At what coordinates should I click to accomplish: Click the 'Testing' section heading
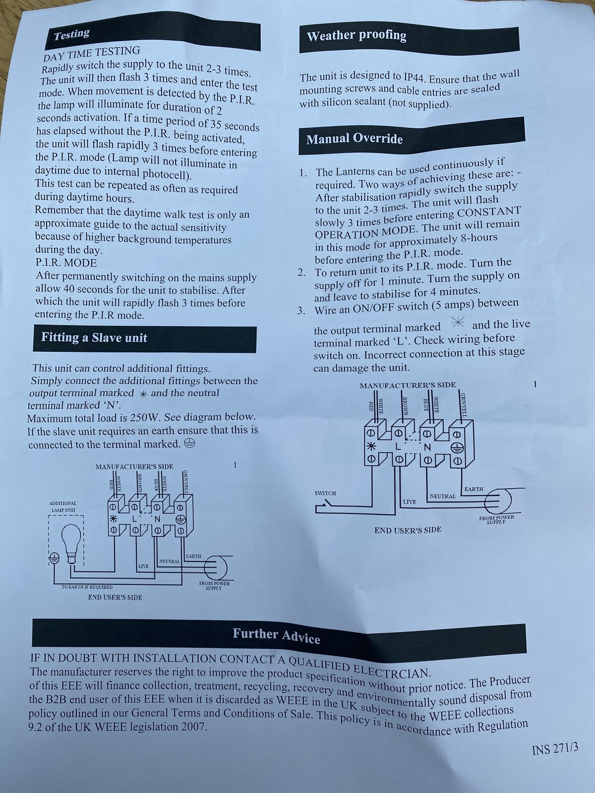tap(71, 35)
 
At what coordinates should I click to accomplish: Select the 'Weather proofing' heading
tap(357, 36)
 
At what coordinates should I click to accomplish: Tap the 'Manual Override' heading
tap(355, 139)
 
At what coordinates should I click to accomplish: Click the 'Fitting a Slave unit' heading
tap(94, 338)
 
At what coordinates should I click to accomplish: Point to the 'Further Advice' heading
tap(276, 636)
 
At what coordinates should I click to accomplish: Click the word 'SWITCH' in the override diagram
tap(325, 493)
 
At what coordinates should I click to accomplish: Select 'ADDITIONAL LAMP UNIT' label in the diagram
tap(63, 507)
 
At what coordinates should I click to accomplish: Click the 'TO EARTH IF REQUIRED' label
tap(87, 587)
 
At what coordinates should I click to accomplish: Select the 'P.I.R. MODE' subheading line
tap(66, 263)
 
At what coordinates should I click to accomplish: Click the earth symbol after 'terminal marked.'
tap(190, 443)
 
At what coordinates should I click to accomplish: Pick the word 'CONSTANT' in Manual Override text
tap(489, 212)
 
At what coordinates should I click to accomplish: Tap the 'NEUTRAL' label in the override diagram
tap(443, 497)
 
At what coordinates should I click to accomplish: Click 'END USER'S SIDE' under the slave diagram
tap(115, 598)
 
